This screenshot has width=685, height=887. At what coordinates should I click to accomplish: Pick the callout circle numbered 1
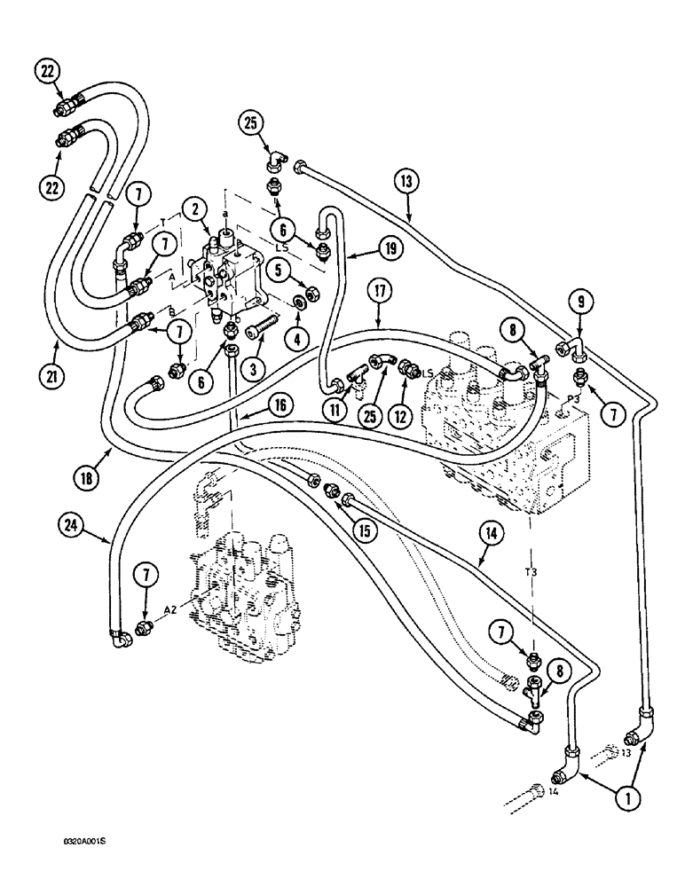pos(628,797)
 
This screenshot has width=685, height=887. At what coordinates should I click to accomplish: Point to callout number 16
pos(280,405)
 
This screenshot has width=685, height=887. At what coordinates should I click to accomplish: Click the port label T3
pos(531,575)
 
